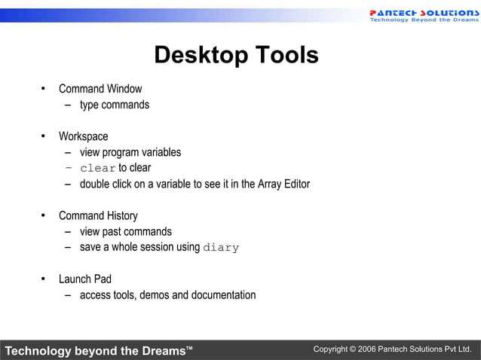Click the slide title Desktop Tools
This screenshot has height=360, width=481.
236,55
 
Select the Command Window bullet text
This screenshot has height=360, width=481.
100,89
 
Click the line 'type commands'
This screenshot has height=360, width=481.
115,105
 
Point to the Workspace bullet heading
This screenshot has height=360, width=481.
83,136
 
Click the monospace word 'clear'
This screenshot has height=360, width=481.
98,168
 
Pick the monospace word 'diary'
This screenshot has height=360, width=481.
221,248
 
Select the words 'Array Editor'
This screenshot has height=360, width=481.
283,184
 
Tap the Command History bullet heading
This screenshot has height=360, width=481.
98,216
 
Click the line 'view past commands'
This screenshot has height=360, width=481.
126,232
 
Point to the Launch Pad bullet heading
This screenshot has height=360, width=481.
85,279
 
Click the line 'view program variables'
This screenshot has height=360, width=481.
130,152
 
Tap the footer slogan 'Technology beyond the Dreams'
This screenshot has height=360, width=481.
94,351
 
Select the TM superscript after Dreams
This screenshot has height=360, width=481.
189,347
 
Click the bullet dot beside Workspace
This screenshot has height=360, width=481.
44,136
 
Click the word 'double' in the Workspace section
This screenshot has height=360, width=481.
96,184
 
